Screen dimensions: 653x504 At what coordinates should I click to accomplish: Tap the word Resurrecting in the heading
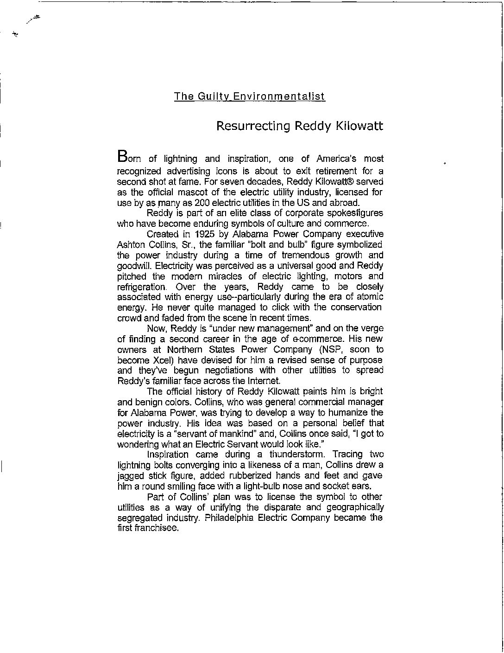(254, 126)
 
